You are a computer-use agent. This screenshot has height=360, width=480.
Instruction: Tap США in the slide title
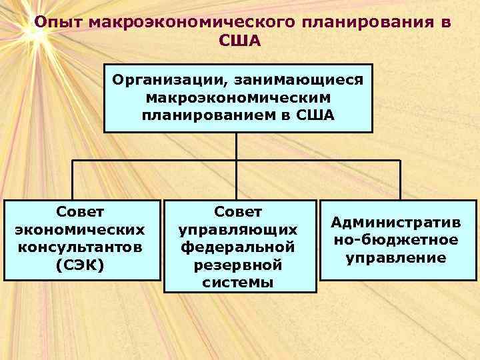239,41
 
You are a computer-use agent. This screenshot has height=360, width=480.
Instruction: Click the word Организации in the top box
167,81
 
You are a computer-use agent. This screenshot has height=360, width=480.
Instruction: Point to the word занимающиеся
297,81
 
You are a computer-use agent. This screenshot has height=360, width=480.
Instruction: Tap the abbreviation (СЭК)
81,265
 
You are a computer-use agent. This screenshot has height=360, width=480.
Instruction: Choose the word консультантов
81,247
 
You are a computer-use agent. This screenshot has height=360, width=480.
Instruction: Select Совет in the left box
81,212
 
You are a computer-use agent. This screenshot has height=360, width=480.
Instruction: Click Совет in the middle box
239,212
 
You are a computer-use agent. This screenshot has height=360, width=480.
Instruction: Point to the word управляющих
239,230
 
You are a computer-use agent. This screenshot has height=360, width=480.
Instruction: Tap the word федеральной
239,247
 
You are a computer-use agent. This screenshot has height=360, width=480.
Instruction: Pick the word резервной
239,265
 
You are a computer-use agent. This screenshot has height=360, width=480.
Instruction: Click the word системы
239,283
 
